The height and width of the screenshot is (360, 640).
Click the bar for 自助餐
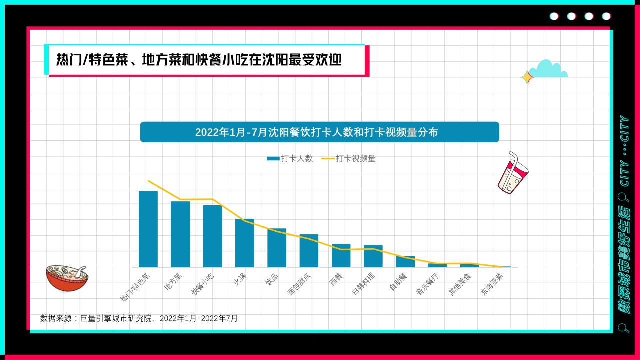click(x=405, y=261)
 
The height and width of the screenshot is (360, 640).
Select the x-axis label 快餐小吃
click(x=203, y=284)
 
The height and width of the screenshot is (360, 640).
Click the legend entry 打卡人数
click(x=290, y=158)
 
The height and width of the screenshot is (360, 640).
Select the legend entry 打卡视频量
click(x=348, y=158)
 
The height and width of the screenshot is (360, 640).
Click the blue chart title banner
click(x=319, y=132)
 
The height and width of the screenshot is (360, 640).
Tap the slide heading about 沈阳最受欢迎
click(x=199, y=60)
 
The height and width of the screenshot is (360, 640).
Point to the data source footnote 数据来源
click(x=139, y=318)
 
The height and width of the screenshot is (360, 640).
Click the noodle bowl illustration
click(x=66, y=277)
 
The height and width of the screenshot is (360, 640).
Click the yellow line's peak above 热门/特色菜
click(x=148, y=181)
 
